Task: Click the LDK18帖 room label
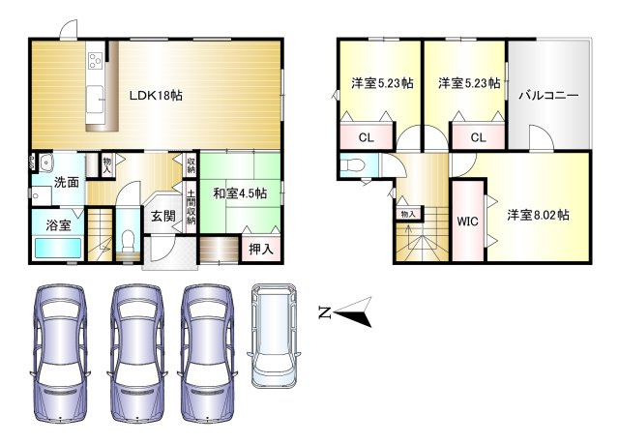(x=156, y=96)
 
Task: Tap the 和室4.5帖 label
(x=240, y=193)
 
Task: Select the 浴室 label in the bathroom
(x=58, y=225)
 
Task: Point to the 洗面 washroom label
(x=67, y=182)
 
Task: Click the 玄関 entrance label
(x=163, y=216)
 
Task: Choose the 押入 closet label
(x=261, y=249)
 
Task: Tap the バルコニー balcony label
(x=548, y=96)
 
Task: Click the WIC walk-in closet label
(x=467, y=222)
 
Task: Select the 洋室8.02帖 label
(x=538, y=215)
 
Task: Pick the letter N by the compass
(x=325, y=312)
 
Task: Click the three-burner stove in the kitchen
(x=95, y=60)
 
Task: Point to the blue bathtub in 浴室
(x=58, y=248)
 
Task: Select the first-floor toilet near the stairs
(x=129, y=241)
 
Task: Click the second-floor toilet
(x=352, y=165)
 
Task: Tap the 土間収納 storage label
(x=192, y=207)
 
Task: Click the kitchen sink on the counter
(x=95, y=99)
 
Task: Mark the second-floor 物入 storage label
(x=408, y=214)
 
